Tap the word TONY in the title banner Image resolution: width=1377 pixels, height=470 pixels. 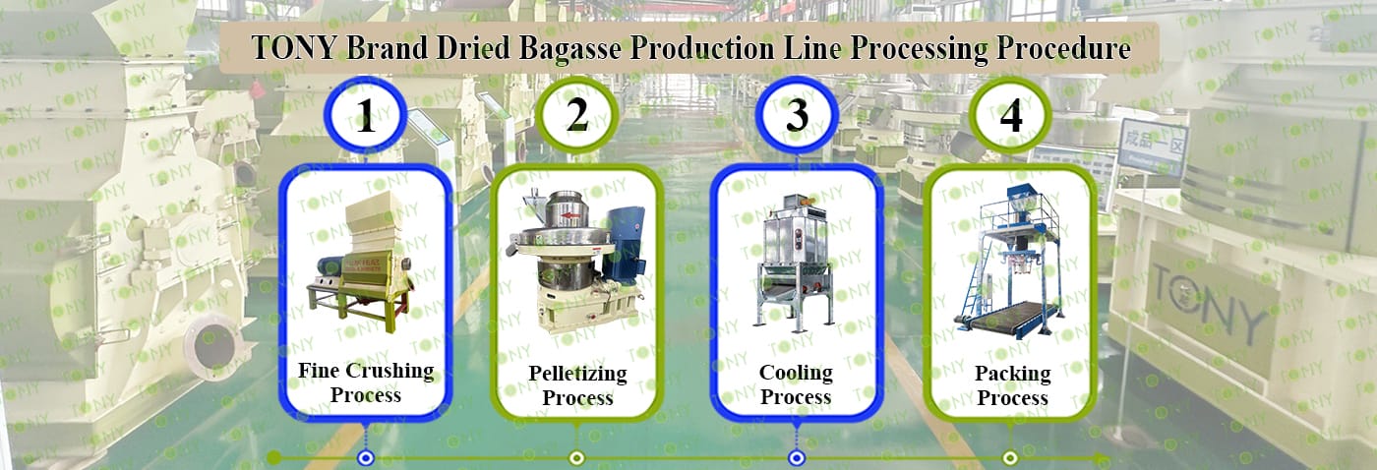click(294, 48)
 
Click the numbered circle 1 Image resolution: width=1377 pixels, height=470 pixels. click(366, 114)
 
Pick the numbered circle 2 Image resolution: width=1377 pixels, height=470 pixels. click(576, 114)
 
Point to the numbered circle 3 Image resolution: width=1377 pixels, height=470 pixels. click(797, 114)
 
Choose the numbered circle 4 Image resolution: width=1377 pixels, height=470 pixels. click(1011, 114)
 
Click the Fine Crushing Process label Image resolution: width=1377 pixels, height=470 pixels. click(366, 382)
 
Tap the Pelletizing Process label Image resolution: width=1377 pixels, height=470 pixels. click(578, 385)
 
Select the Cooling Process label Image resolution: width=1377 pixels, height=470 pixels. click(796, 384)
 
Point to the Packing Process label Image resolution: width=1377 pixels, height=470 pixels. click(1012, 385)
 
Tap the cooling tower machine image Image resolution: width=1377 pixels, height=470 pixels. click(795, 262)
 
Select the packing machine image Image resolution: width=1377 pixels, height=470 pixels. click(1009, 263)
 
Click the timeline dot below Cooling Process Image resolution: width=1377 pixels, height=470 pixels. click(797, 458)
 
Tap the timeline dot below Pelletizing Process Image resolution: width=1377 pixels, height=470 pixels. click(576, 458)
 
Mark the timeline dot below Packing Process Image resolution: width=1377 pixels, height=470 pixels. click(1010, 458)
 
